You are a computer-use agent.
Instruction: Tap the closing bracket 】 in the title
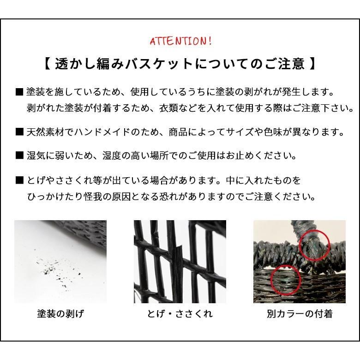pos(312,63)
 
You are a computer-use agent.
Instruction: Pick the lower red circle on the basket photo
pos(283,280)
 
